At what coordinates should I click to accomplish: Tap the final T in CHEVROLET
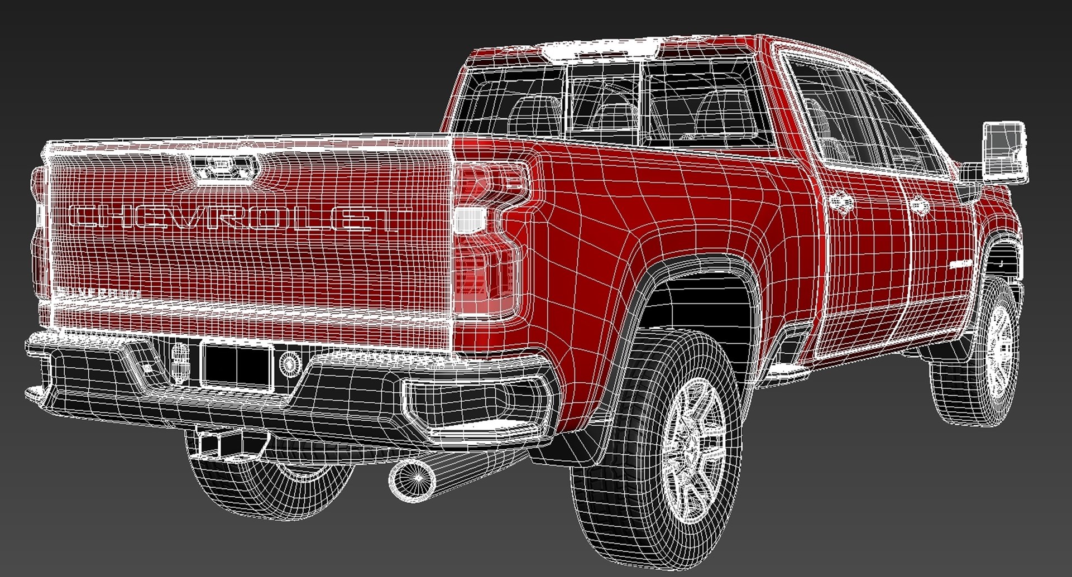pyautogui.click(x=394, y=219)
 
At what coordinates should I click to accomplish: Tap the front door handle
pyautogui.click(x=918, y=206)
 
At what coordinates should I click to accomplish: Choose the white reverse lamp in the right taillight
pyautogui.click(x=469, y=219)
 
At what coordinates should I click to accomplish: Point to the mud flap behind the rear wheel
pyautogui.click(x=564, y=446)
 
